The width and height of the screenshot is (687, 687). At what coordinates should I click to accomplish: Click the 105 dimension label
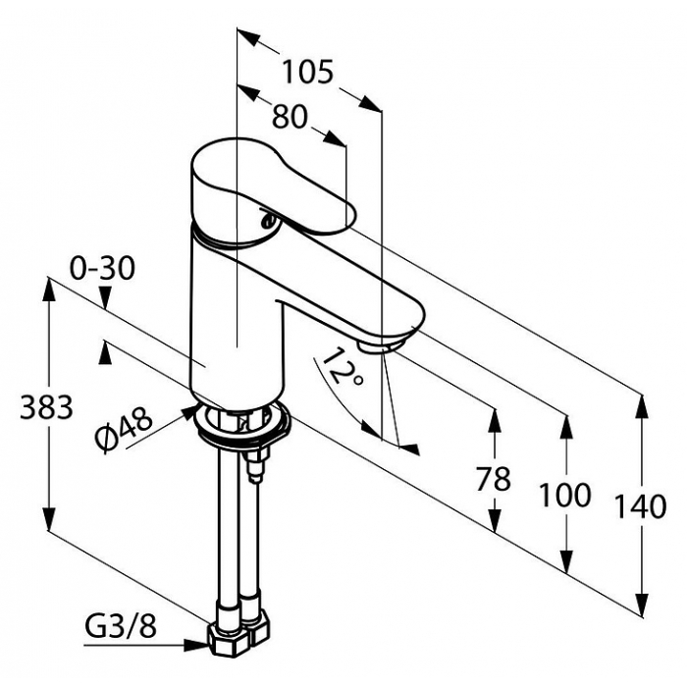[307, 73]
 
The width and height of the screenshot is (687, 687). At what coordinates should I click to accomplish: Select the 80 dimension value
[291, 117]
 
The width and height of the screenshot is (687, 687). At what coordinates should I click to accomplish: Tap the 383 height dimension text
[46, 407]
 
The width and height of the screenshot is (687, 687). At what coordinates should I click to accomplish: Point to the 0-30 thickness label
[102, 268]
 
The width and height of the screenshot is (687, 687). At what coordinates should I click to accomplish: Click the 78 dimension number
[494, 479]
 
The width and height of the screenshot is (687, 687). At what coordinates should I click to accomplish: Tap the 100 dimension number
[564, 495]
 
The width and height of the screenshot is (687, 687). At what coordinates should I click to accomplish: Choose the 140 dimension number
[641, 506]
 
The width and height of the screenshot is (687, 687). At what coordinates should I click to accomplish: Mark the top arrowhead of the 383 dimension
[49, 289]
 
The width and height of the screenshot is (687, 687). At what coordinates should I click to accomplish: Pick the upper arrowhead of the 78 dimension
[495, 421]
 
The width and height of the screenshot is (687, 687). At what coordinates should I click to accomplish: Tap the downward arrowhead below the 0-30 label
[105, 298]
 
